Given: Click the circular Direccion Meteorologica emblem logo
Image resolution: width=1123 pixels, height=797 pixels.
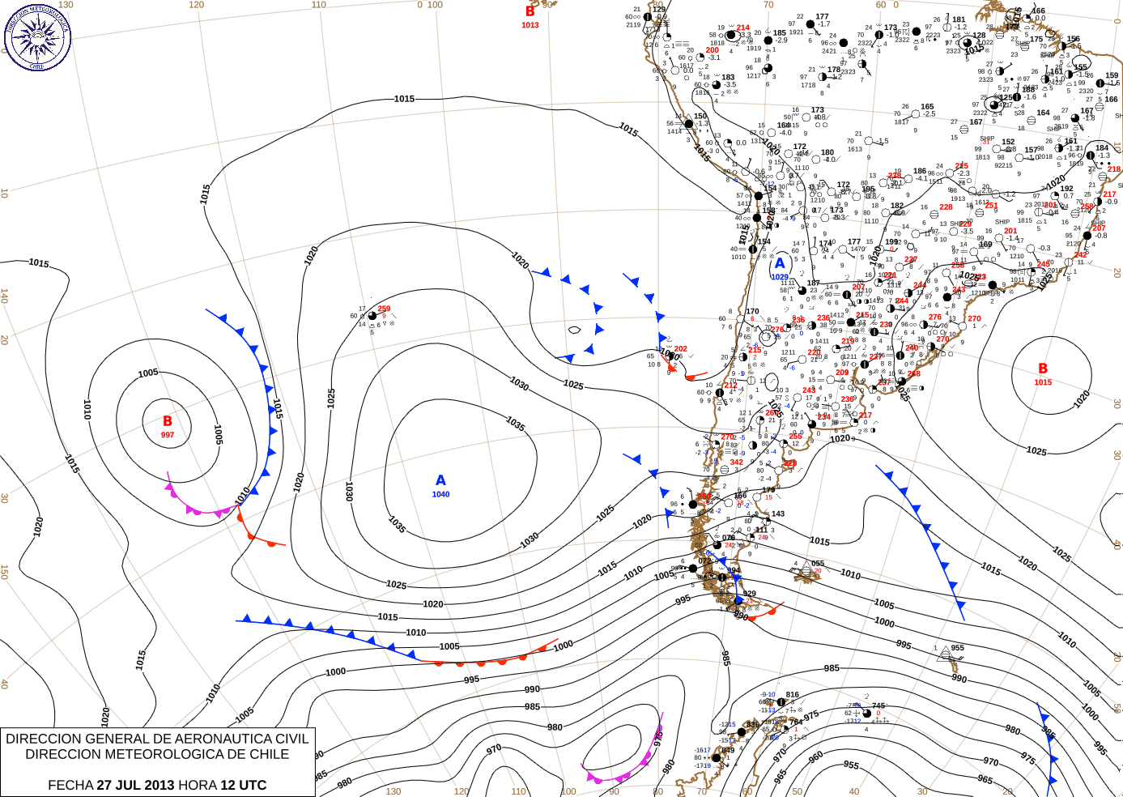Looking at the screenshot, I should pos(37,36).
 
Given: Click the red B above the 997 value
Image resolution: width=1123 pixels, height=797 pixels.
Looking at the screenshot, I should pos(168,421).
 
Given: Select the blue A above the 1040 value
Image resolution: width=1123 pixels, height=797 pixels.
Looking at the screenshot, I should pos(440,480).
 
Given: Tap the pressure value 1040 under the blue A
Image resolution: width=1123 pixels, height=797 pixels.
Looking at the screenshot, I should pos(440,494).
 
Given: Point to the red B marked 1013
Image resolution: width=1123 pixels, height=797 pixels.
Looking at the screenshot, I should pos(530,12).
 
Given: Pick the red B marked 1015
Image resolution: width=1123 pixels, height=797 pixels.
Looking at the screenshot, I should pos(1043,369).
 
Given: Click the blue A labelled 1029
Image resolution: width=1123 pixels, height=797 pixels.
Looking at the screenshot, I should pos(780,263).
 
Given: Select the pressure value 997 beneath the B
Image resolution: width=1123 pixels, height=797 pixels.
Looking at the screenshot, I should pos(168,435).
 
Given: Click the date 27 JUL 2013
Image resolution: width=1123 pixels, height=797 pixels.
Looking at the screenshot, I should pos(135,785).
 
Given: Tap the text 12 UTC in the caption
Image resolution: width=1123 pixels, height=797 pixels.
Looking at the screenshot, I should pos(242,785).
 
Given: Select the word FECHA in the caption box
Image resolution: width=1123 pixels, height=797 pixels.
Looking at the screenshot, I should pos(70,785).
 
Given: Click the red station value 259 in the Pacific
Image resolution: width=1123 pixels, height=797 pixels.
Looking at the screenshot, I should pos(384,309).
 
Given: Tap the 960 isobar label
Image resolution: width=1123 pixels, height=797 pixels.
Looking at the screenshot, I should pos(816,757).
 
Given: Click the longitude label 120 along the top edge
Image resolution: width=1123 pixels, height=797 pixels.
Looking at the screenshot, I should pos(197,5).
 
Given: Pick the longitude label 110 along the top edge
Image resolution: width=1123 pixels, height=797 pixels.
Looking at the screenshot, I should pos(319,5).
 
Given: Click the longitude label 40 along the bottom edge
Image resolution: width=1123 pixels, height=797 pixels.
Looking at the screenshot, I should pos(854,791).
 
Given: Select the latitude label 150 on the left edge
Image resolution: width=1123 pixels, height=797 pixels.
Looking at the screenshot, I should pos(5,572).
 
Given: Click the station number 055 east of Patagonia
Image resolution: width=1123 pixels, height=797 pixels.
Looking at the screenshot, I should pos(818,564).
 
